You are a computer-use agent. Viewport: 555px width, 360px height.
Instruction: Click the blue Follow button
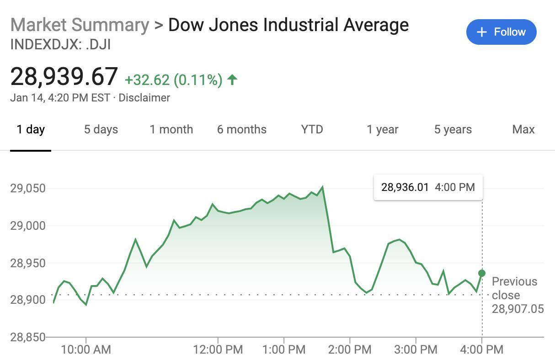[501, 32]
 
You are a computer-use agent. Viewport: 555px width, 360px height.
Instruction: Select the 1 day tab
[31, 129]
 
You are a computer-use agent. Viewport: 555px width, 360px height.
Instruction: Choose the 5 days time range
[101, 129]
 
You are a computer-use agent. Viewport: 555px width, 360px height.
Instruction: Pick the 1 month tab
[171, 129]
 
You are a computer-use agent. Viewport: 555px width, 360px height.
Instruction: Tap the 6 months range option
[241, 129]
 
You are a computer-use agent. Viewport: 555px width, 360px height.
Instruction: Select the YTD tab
[312, 129]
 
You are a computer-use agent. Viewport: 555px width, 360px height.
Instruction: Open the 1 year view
[382, 129]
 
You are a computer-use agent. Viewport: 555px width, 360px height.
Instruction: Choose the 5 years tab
[453, 129]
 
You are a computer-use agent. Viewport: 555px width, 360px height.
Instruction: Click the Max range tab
[523, 129]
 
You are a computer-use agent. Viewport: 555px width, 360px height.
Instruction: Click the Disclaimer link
[144, 98]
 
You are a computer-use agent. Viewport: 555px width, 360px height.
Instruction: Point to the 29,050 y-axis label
[28, 188]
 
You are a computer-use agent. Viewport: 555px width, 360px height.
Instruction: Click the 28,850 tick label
[28, 337]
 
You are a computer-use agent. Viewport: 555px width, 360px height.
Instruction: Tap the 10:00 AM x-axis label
[86, 350]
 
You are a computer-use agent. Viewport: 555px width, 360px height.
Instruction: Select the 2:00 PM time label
[350, 350]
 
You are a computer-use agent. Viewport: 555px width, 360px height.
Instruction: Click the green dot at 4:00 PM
[481, 273]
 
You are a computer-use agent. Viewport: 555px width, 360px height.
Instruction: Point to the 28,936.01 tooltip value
[405, 187]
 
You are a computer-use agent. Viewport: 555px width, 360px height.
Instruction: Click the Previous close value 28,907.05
[518, 309]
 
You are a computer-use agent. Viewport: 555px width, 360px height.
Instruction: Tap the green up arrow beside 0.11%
[232, 80]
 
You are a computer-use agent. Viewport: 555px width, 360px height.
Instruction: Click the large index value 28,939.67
[64, 76]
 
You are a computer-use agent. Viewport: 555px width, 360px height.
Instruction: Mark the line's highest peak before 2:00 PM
[323, 187]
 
